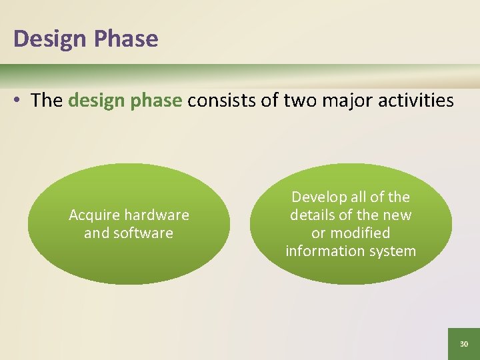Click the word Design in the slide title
pos(50,39)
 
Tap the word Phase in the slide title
pos(126,39)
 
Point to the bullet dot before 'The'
pos(18,101)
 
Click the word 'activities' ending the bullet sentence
pos(417,101)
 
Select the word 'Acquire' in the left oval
pos(93,215)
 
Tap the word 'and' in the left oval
pos(95,233)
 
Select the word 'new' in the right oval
pos(397,215)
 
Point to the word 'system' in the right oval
pos(393,251)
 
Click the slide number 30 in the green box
pos(464,344)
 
